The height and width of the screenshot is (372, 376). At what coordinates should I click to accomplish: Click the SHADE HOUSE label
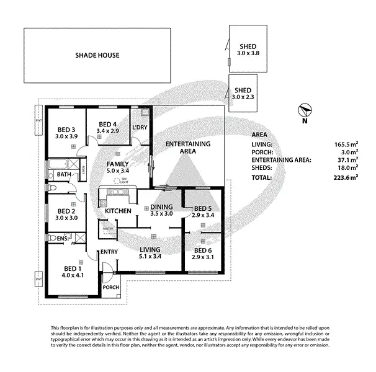97,55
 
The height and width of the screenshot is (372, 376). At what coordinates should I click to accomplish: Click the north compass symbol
304,111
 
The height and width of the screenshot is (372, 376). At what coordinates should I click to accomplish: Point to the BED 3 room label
67,132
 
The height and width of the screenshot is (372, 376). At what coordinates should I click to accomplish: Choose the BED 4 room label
107,127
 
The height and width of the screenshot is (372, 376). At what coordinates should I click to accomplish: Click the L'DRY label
140,128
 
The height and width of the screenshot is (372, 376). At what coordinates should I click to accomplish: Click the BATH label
64,175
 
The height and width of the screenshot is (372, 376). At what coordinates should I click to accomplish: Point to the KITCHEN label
118,211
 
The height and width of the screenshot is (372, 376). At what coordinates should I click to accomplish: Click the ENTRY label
109,251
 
